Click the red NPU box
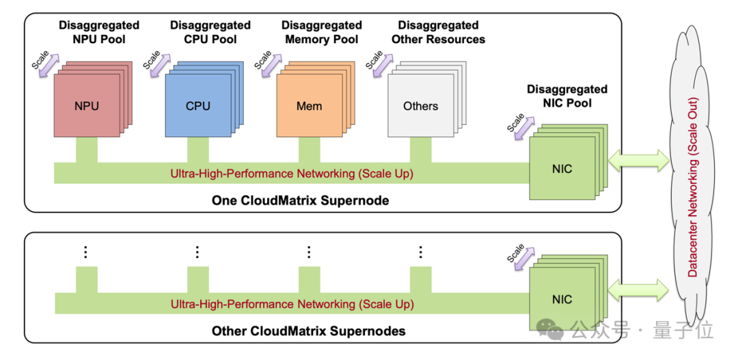point(86,106)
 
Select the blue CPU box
point(197,106)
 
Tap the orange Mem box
point(309,106)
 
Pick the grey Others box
point(420,106)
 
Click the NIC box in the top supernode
point(562,168)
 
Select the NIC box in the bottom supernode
point(562,299)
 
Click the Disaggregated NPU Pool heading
point(99,32)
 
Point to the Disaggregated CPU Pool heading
point(210,32)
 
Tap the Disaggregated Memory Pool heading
point(322,32)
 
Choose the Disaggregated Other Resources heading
point(438,32)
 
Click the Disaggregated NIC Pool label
point(566,96)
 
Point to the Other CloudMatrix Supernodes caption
point(308,331)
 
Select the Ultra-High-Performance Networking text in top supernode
point(292,174)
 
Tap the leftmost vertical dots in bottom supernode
point(85,252)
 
